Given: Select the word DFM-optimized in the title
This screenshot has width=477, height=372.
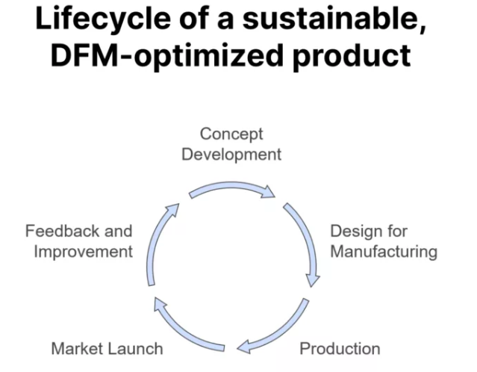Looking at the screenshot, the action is tap(167, 56).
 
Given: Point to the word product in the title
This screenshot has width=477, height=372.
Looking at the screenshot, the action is tap(352, 56).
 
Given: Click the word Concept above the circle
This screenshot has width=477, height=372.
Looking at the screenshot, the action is tap(231, 134).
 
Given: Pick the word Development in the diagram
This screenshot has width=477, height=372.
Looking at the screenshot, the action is tap(231, 155).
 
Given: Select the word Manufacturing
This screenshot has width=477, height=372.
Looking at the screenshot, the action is tap(384, 252).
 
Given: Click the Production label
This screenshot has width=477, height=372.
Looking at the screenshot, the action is tap(340, 349).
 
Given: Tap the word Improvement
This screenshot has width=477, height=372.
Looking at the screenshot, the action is tap(84, 252).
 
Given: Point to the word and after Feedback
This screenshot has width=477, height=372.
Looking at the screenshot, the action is tap(119, 231).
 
